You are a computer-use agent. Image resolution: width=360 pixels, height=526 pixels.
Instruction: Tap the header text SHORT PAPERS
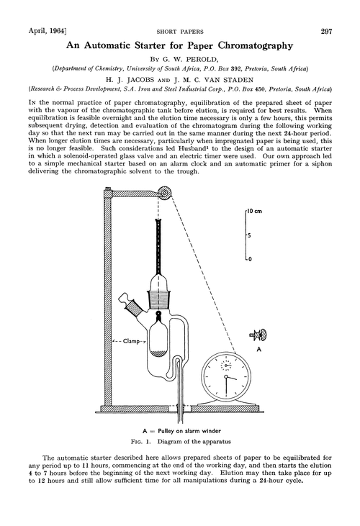coord(181,31)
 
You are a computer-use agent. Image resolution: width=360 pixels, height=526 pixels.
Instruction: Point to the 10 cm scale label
coord(256,213)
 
